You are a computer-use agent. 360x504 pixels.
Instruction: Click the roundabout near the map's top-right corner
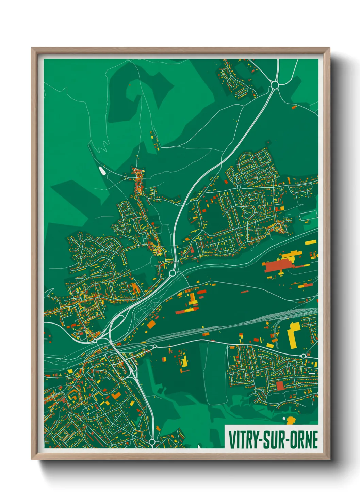pyautogui.click(x=274, y=84)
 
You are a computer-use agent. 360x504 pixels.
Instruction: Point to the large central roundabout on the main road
pyautogui.click(x=173, y=273)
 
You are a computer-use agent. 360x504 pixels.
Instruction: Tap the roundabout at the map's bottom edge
pyautogui.click(x=152, y=442)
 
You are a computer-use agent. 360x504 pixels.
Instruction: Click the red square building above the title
pyautogui.click(x=280, y=386)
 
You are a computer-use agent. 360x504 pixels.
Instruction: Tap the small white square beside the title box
pyautogui.click(x=284, y=418)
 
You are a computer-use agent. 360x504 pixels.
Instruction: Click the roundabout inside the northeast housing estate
pyautogui.click(x=239, y=187)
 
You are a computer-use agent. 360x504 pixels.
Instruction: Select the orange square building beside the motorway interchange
pyautogui.click(x=151, y=324)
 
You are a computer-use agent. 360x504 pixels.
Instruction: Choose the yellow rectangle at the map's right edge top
pyautogui.click(x=310, y=242)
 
